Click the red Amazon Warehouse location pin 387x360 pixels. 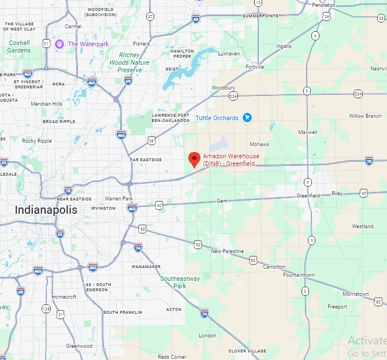pyautogui.click(x=195, y=158)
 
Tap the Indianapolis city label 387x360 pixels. pyautogui.click(x=46, y=210)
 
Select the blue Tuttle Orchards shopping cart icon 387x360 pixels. pyautogui.click(x=247, y=118)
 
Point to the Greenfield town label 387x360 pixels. pyautogui.click(x=308, y=195)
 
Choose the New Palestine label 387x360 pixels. pyautogui.click(x=227, y=251)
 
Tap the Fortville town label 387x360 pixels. pyautogui.click(x=254, y=67)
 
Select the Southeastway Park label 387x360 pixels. pyautogui.click(x=180, y=282)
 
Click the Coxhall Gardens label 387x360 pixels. pyautogui.click(x=19, y=46)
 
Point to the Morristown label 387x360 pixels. pyautogui.click(x=355, y=294)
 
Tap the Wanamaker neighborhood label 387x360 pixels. pyautogui.click(x=146, y=267)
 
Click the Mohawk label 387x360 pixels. pyautogui.click(x=259, y=144)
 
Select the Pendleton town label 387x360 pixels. pyautogui.click(x=323, y=5)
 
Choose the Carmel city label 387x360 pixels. pyautogui.click(x=73, y=26)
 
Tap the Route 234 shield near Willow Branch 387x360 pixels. pyautogui.click(x=358, y=94)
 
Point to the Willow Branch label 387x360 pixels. pyautogui.click(x=365, y=116)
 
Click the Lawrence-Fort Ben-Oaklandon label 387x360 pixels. pyautogui.click(x=170, y=117)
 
